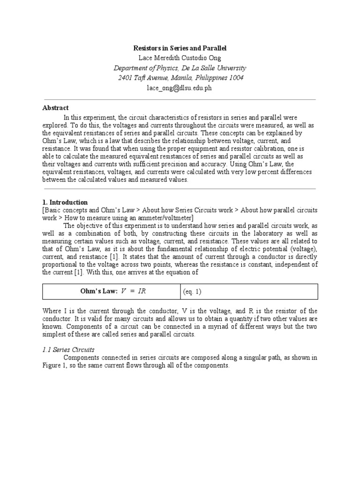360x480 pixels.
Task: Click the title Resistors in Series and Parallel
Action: (x=180, y=48)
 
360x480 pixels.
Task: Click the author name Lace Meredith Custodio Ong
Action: (x=180, y=58)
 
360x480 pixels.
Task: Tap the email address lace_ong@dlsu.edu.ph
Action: (x=180, y=88)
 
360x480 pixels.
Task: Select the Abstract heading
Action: (x=55, y=108)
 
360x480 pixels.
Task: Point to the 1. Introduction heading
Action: (x=65, y=202)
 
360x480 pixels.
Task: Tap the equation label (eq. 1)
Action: (x=192, y=292)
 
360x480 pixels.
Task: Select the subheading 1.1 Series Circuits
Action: (x=68, y=350)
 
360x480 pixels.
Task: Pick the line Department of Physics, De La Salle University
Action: (x=180, y=68)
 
